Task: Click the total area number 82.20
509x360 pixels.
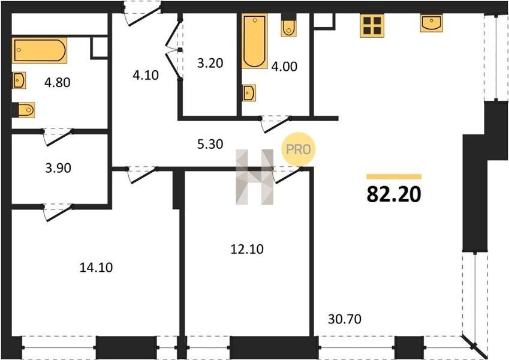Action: pos(394,195)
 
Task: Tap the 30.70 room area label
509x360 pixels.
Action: pos(344,319)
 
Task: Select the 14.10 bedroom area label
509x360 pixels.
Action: pos(96,268)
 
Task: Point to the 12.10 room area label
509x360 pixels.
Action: pos(247,249)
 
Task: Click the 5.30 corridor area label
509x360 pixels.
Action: pos(210,144)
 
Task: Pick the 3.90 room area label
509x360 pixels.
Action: pos(58,168)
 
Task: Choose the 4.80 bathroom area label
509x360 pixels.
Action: pos(58,82)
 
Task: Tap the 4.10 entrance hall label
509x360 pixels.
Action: pos(146,75)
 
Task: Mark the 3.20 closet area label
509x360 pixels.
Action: pos(210,63)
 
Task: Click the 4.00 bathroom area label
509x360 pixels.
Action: pos(284,66)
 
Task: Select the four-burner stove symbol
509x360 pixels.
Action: pos(372,26)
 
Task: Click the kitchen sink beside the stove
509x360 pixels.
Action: pos(432,23)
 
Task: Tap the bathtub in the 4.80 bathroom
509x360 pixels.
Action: pos(40,50)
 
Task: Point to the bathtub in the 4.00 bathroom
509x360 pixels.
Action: pos(254,41)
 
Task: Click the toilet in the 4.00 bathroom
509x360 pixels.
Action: pos(288,25)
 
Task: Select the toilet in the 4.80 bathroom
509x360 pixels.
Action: pos(23,110)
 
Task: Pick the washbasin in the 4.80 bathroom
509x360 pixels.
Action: pos(19,80)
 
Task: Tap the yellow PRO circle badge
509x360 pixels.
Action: pos(298,149)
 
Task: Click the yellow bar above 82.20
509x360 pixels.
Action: pos(394,177)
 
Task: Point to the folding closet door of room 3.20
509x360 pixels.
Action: pos(173,50)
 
